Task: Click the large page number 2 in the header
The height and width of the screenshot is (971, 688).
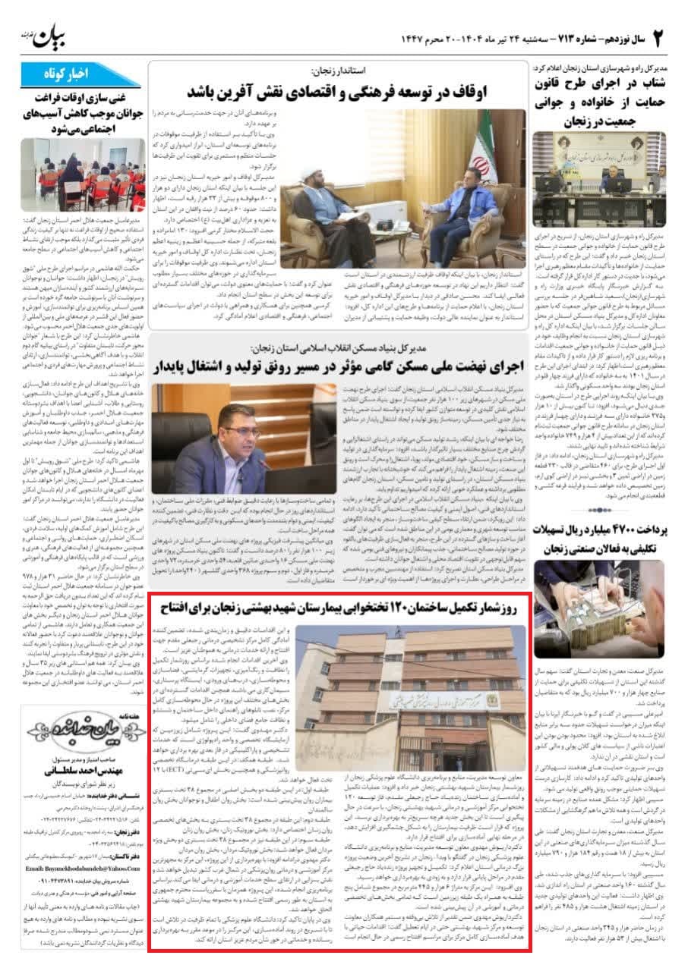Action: pyautogui.click(x=658, y=37)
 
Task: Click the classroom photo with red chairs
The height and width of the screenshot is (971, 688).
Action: pyautogui.click(x=83, y=174)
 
